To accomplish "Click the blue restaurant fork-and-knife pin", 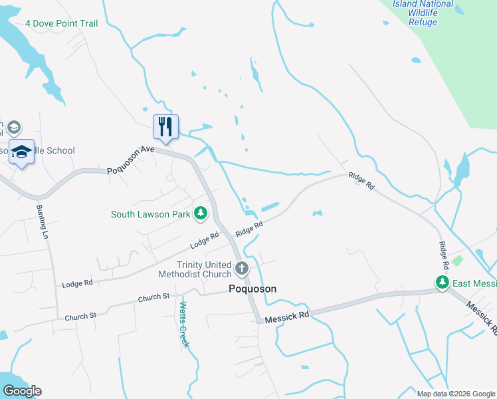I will click(x=165, y=126).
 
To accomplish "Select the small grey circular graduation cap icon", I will click(x=15, y=127).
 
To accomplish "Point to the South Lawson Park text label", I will click(x=150, y=214).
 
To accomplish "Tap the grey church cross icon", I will click(x=242, y=269).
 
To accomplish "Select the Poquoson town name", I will click(x=252, y=289).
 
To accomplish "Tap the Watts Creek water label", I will click(x=184, y=325).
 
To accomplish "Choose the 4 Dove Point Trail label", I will click(x=61, y=23).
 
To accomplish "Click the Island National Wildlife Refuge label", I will click(x=423, y=13).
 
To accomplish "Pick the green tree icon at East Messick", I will click(x=443, y=283).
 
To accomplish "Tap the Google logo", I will click(x=21, y=391).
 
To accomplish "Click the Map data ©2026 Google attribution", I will click(x=455, y=394).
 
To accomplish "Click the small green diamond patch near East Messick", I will click(x=456, y=259).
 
